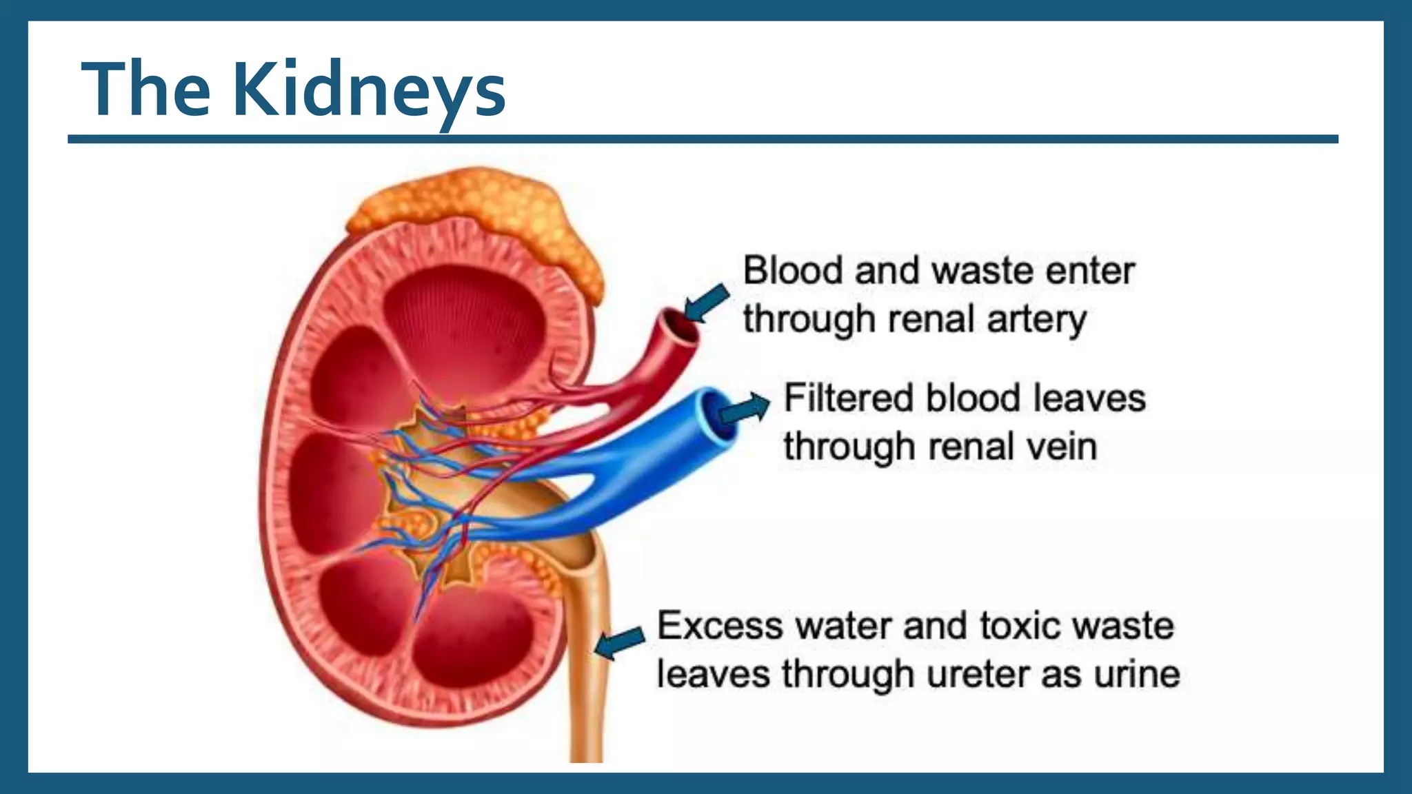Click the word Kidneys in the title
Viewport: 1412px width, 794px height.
coord(369,90)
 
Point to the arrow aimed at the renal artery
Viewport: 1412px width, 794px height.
coord(707,302)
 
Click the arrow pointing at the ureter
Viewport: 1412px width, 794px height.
coord(620,642)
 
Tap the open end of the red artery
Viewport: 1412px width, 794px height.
coord(679,325)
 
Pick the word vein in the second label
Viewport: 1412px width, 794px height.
coord(1061,447)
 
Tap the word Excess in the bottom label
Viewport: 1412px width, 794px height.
coord(720,626)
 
